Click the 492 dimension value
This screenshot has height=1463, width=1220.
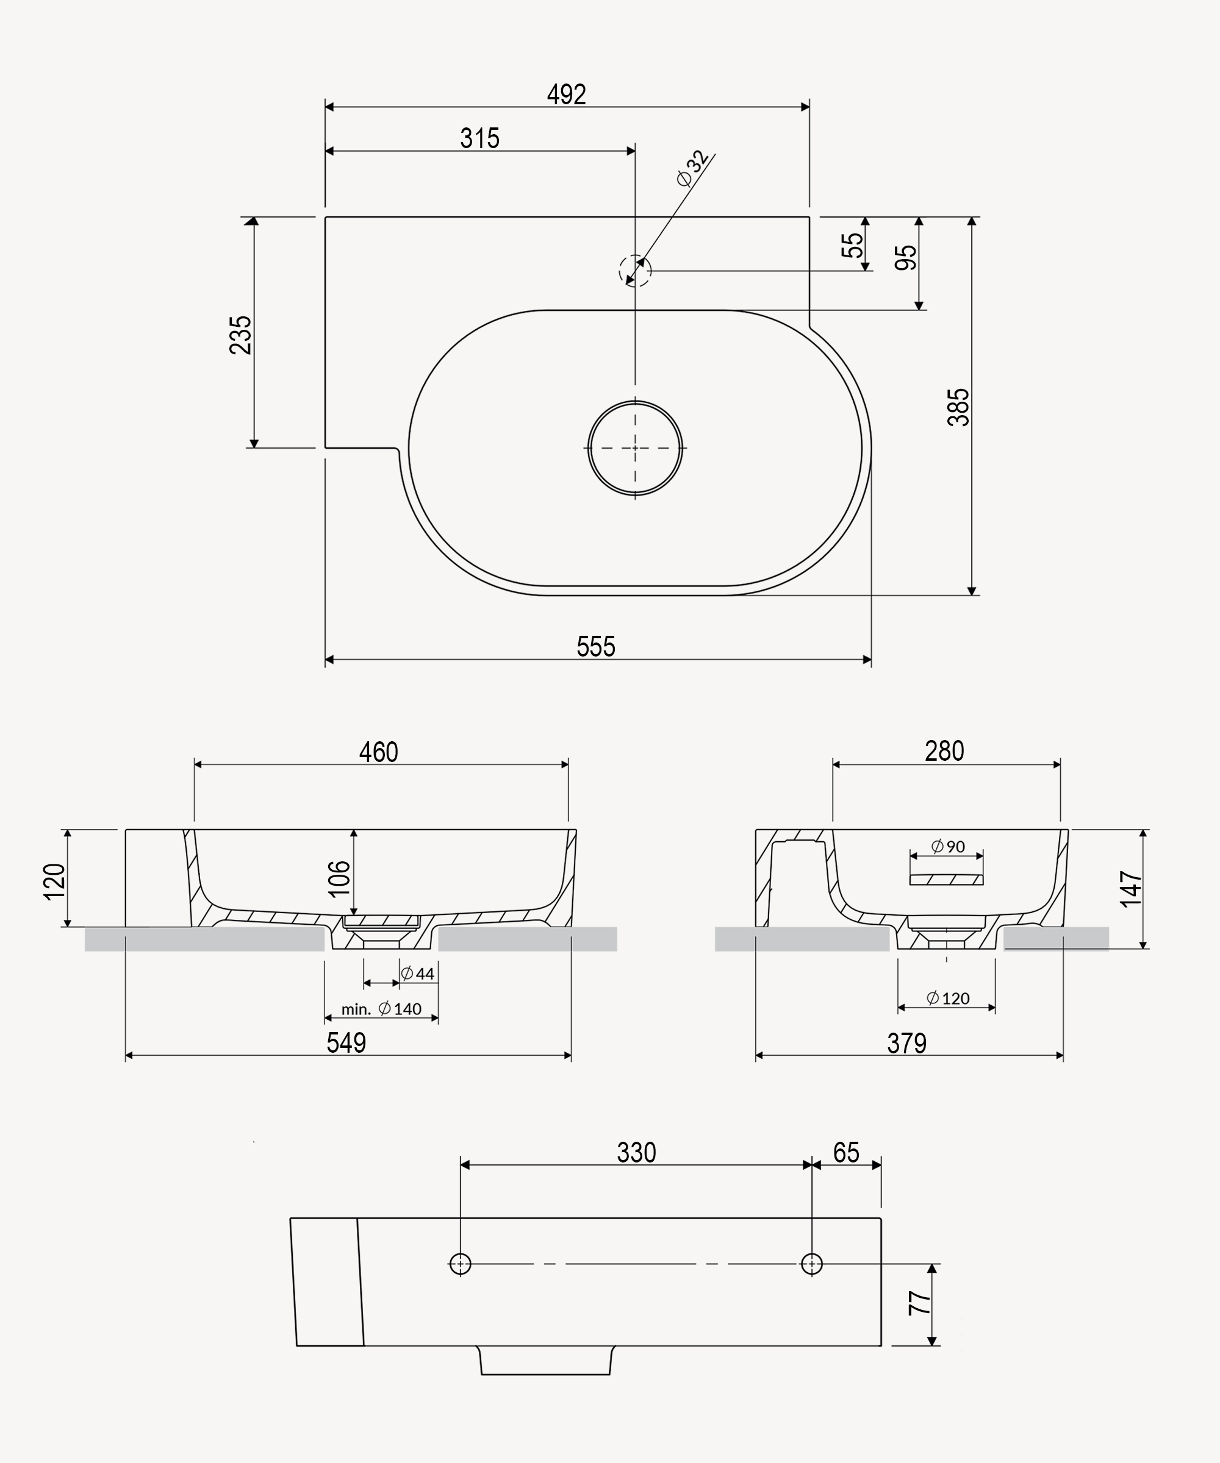coord(566,94)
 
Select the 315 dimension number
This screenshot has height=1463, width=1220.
coord(479,138)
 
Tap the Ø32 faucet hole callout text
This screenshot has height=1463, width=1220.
coord(693,169)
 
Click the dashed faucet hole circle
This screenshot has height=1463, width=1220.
coord(634,271)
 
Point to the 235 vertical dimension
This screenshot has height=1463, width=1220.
coord(240,335)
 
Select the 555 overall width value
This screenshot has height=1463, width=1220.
coord(595,647)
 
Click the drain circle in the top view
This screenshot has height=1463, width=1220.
coord(634,448)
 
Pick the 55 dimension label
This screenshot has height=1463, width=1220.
coord(852,244)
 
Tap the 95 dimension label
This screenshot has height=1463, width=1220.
coord(906,258)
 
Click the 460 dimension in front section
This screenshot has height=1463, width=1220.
coord(379,752)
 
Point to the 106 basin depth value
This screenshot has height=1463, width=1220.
coord(339,878)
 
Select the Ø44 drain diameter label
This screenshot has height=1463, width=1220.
coord(418,974)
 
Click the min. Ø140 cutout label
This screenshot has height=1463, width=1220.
coord(381,1009)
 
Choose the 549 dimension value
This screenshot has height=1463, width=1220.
coord(346,1043)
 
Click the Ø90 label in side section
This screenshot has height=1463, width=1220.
coord(948,847)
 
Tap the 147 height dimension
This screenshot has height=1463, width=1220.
coord(1131,888)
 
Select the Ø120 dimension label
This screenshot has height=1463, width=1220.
coord(948,998)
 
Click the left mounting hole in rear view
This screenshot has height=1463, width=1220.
coord(460,1264)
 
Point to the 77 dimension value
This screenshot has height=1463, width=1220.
coord(919,1303)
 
